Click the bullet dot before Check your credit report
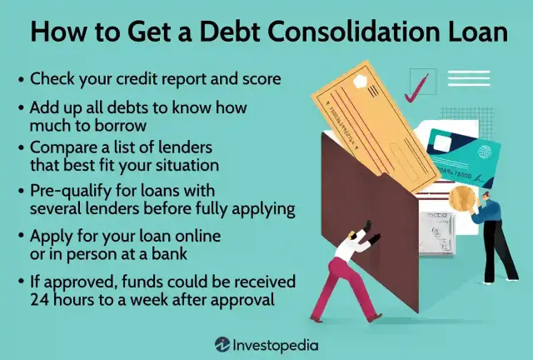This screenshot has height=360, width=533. point(20,80)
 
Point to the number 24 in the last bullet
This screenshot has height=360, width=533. point(40,297)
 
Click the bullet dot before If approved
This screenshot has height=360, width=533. point(20,282)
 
